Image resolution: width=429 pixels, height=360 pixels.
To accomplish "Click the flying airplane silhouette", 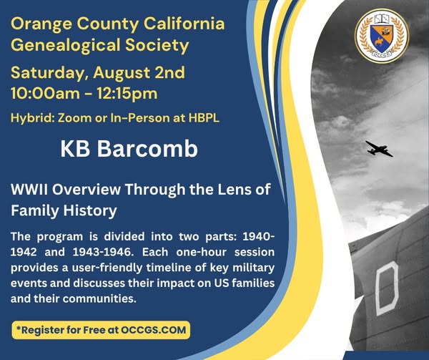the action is [x=379, y=149].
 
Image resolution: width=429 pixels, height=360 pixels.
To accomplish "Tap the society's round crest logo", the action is [x=382, y=36].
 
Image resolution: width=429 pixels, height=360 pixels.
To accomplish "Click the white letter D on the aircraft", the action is [x=387, y=288].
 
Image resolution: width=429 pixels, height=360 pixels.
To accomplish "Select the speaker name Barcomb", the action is [x=147, y=149].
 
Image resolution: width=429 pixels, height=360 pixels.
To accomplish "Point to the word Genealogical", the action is [x=66, y=45].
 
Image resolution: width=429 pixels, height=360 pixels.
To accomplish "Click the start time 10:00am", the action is [x=45, y=93].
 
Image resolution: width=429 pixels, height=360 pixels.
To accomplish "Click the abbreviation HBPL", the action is [x=204, y=118].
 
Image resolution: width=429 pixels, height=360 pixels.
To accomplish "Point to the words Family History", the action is [x=64, y=211].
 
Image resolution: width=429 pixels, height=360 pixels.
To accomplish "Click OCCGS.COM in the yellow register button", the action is [x=154, y=330].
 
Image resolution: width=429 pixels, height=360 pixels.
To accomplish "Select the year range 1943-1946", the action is [x=104, y=252].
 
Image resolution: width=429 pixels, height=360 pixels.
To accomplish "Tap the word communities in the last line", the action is [x=99, y=298].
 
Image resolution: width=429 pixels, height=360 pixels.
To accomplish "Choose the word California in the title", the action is [x=184, y=24].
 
